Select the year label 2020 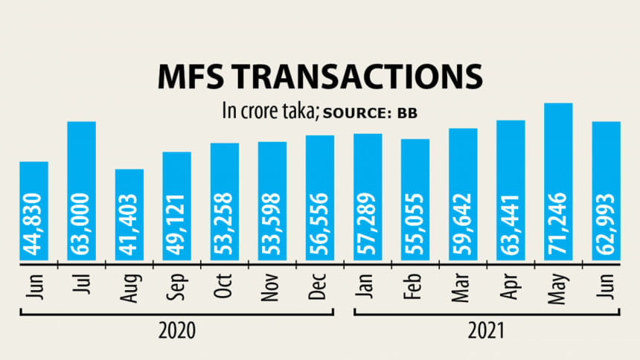point(178,330)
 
